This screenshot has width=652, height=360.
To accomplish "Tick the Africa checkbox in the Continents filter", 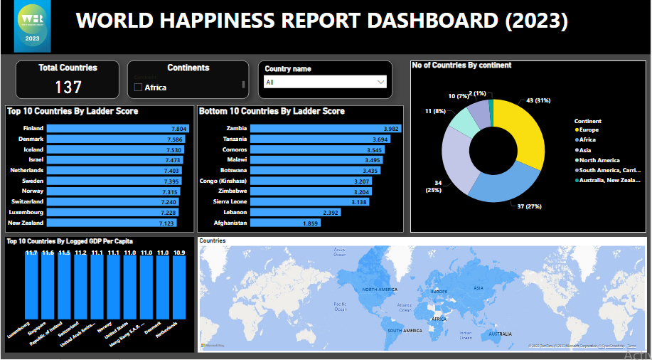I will tap(139, 88).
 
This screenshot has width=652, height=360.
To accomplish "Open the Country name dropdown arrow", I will tap(380, 83).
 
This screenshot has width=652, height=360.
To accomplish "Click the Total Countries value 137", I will tap(68, 87).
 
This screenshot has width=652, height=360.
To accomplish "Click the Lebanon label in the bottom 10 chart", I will tap(234, 213).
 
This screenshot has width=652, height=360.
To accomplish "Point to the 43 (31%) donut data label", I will tap(540, 100).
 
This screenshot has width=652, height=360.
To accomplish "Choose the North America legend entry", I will tap(598, 160).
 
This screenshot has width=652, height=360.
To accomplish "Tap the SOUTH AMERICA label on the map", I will tap(404, 331).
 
